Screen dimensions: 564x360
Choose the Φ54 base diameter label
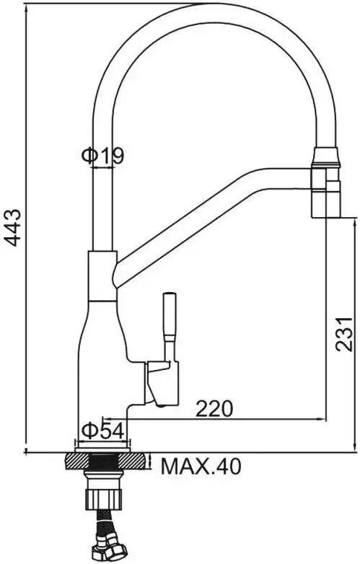coord(104,430)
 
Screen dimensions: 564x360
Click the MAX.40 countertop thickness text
coord(201,467)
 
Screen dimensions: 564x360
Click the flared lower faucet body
coord(101,361)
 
